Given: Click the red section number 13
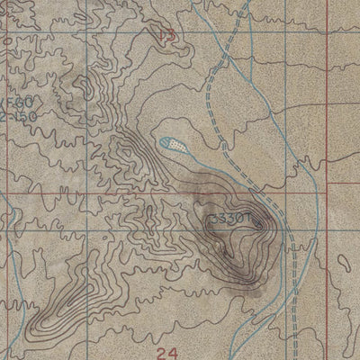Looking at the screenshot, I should (x=165, y=35).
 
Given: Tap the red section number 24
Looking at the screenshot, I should (x=163, y=352).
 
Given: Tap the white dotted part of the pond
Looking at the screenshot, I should (x=181, y=143).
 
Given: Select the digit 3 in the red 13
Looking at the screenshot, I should (x=168, y=35).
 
